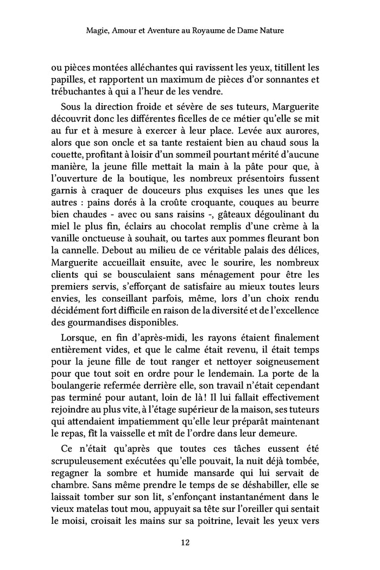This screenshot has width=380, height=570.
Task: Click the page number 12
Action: tap(189, 542)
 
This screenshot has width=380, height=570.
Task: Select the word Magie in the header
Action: tap(98, 31)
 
